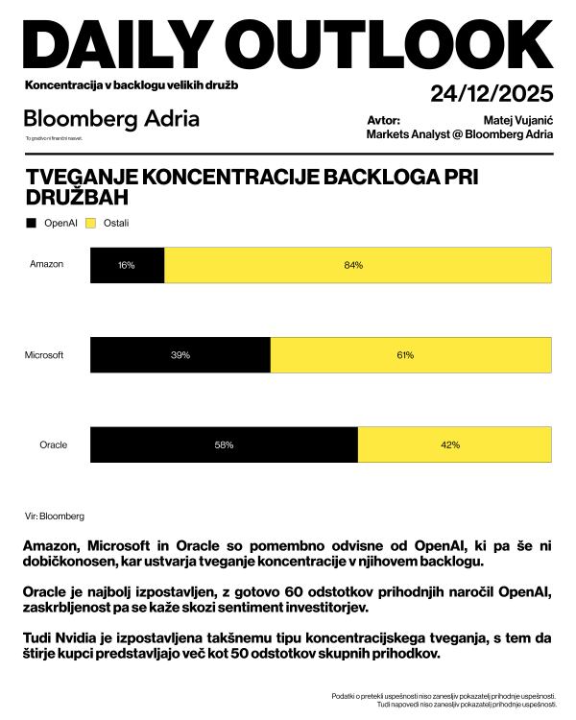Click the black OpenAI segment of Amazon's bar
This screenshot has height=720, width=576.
click(x=127, y=265)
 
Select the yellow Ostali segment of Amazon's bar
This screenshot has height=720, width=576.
click(x=358, y=265)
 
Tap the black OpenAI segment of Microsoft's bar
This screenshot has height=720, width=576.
click(x=180, y=355)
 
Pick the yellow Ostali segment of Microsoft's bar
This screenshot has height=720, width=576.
click(x=411, y=355)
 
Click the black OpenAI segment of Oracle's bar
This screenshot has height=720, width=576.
click(x=224, y=445)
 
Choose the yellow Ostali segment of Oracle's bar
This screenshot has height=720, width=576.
click(x=455, y=445)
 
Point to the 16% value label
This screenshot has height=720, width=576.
click(x=126, y=265)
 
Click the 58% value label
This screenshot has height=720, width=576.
click(x=224, y=445)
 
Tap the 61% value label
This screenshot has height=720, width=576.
click(x=405, y=355)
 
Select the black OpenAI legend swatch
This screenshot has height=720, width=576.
click(x=32, y=224)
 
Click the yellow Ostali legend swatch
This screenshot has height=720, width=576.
click(x=92, y=224)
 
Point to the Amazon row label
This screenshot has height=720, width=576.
click(x=46, y=264)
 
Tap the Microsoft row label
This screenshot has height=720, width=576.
click(x=44, y=355)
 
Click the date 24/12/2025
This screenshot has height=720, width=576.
click(x=492, y=94)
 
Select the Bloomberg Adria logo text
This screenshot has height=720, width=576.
click(x=111, y=119)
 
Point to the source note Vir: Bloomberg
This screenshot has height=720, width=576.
click(x=55, y=516)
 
